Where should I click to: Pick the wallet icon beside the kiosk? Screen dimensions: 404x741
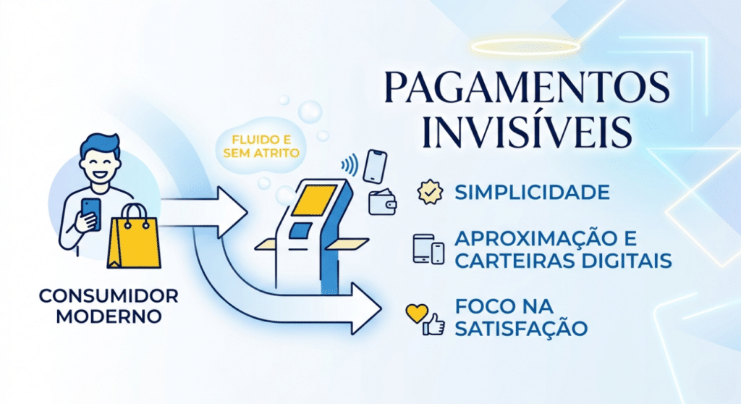click(382, 202)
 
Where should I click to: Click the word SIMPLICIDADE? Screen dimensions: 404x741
click(532, 193)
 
